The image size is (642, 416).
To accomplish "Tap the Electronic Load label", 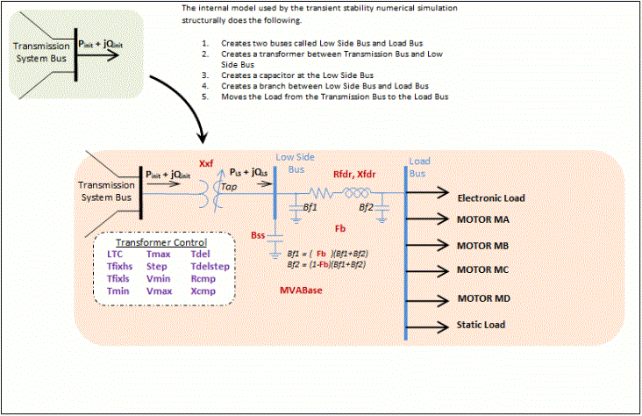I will pos(491,198).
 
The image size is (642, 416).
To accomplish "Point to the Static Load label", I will pos(481,326).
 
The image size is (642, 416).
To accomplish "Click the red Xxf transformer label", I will pos(207,163).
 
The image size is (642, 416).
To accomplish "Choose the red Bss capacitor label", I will pos(258,236).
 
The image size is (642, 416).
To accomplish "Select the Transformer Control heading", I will pos(162,242).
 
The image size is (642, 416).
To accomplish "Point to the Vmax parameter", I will pos(159,289).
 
